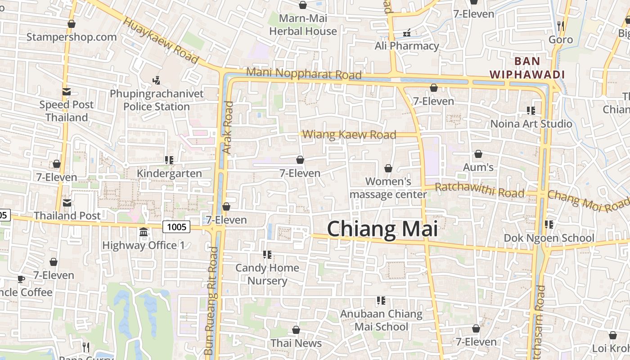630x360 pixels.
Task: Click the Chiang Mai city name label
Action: pyautogui.click(x=382, y=229)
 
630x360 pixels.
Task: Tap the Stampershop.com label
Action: pyautogui.click(x=72, y=37)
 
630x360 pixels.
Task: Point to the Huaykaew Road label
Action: pyautogui.click(x=161, y=40)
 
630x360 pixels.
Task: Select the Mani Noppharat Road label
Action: pyautogui.click(x=304, y=73)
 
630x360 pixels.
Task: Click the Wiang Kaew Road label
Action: pyautogui.click(x=349, y=135)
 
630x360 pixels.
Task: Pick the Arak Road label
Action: pyautogui.click(x=228, y=127)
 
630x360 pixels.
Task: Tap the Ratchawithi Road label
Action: pyautogui.click(x=480, y=190)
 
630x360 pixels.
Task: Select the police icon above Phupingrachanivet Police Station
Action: pyautogui.click(x=156, y=81)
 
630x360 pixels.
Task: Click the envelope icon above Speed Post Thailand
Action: pyautogui.click(x=67, y=92)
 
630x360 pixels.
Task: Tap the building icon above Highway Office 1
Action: pyautogui.click(x=144, y=232)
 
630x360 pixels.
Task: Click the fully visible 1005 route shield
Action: pyautogui.click(x=176, y=227)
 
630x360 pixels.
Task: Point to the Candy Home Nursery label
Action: pyautogui.click(x=267, y=274)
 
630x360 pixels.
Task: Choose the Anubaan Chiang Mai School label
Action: pyautogui.click(x=381, y=320)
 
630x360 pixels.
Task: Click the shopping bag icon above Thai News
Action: pyautogui.click(x=296, y=330)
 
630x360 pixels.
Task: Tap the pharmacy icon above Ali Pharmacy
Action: pyautogui.click(x=407, y=33)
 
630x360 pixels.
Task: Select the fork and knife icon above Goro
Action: pyautogui.click(x=560, y=26)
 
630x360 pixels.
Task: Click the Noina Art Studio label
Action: pyautogui.click(x=531, y=124)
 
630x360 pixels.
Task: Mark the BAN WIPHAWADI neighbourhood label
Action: pyautogui.click(x=527, y=67)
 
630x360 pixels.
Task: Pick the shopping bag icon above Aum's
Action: pyautogui.click(x=478, y=154)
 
